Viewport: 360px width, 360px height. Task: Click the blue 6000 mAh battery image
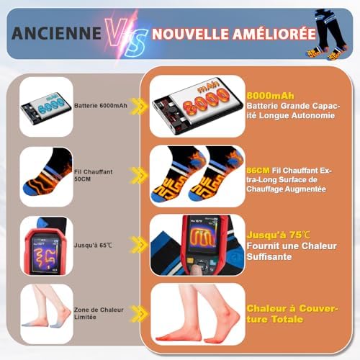click(x=46, y=106)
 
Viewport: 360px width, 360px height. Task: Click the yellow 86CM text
click(x=256, y=166)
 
